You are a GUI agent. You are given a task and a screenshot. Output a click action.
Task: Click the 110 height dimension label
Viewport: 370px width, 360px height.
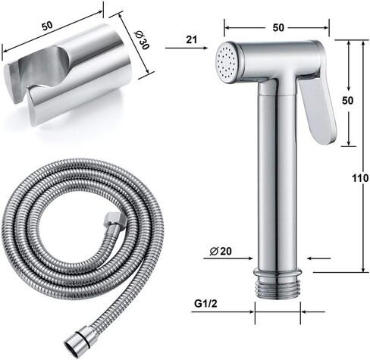[x=361, y=178]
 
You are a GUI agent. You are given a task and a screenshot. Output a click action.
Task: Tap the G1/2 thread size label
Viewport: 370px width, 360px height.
[x=205, y=303]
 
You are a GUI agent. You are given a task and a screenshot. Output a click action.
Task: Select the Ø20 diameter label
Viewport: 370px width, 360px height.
[x=221, y=251]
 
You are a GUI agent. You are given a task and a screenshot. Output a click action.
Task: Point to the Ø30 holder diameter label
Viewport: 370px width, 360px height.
[x=142, y=40]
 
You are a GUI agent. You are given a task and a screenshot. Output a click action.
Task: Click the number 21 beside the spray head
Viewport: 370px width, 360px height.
[x=192, y=39]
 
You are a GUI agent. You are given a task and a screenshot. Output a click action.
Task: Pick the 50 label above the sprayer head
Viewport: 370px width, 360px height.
[x=278, y=27]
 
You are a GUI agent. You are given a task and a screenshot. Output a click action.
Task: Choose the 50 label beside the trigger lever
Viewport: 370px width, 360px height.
[x=348, y=101]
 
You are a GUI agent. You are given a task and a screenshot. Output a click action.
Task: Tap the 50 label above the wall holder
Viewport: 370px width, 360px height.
[x=47, y=26]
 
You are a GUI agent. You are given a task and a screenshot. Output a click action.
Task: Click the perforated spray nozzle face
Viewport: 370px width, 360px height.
[x=227, y=62]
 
